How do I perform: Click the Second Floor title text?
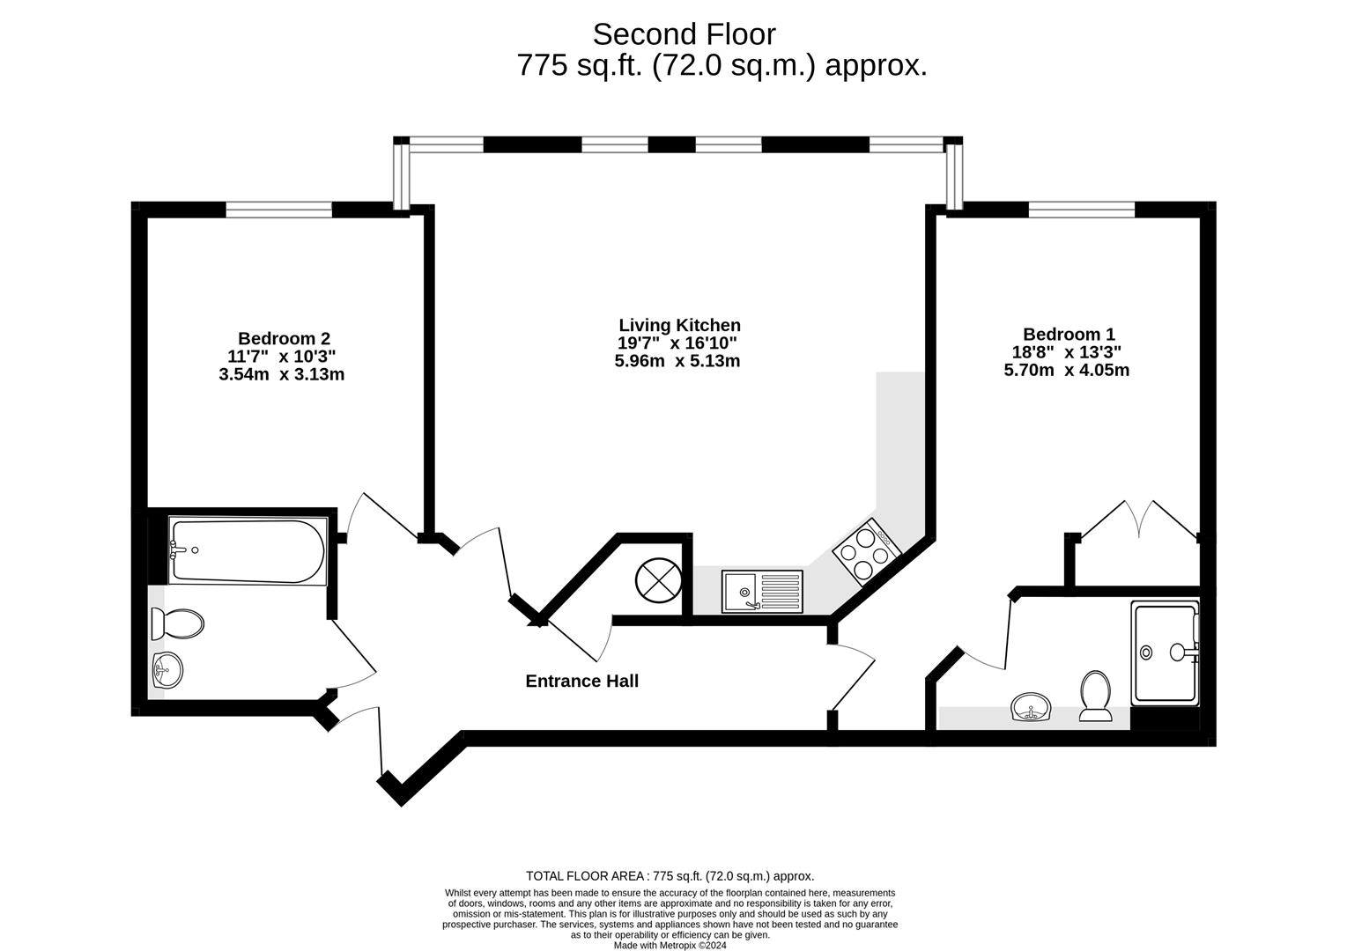coord(684,34)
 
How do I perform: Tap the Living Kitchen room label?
coord(679,325)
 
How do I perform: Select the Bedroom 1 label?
coord(1069,335)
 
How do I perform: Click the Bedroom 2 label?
coord(284,338)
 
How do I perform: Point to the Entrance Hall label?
coord(581,681)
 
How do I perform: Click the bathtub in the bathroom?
coord(248,551)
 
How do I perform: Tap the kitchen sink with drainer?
coord(762,591)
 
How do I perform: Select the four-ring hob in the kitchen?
coord(867,551)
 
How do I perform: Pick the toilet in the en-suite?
coord(1095,696)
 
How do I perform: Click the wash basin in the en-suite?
coord(1032,707)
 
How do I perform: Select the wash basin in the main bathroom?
coord(167,671)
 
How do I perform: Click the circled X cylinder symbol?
coord(657,581)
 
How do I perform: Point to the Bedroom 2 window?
coord(278,210)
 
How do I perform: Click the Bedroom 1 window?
coord(1081,210)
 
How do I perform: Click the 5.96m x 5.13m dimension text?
coord(677,361)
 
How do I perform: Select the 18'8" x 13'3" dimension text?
coord(1066,352)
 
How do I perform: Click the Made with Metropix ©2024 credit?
coord(670,946)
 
